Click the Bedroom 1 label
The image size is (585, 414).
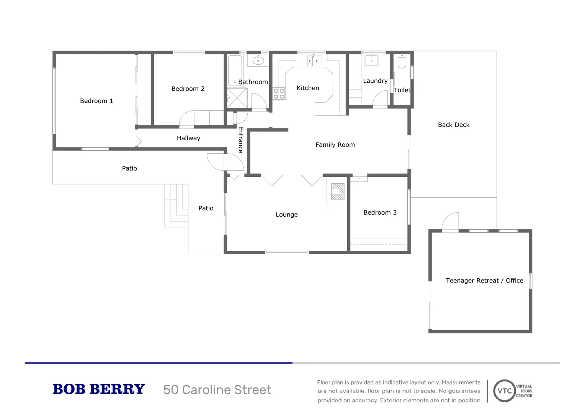96,101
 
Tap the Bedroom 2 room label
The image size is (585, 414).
188,89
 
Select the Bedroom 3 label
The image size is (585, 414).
380,212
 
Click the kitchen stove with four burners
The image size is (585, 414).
279,94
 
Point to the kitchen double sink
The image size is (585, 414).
314,61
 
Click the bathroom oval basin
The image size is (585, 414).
258,60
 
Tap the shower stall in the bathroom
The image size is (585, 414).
237,98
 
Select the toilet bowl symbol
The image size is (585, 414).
402,62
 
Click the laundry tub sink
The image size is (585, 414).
371,61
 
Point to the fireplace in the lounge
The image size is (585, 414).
337,191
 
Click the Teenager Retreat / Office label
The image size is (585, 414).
484,281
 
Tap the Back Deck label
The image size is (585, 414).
453,125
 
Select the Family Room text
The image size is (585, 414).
335,145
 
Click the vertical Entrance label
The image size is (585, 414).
240,140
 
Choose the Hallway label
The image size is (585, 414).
188,138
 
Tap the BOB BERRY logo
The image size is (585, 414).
98,389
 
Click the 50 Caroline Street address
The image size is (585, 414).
217,390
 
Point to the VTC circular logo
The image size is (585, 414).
504,391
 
